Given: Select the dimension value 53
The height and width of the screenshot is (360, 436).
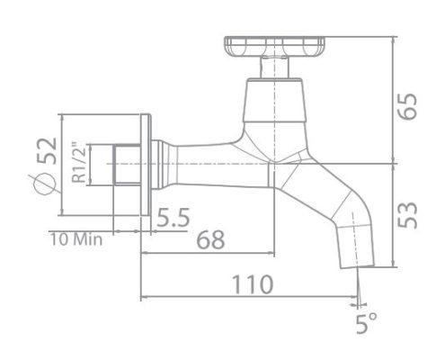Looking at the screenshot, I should point(409,212).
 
